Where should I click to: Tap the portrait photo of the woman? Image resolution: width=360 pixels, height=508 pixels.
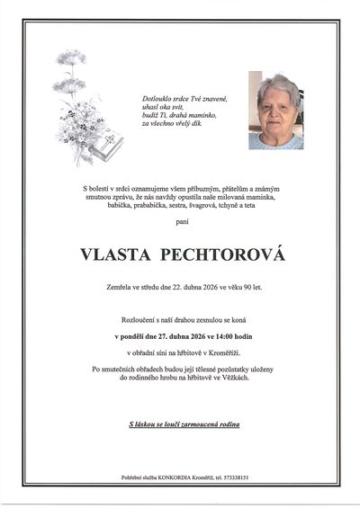pos(276,111)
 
